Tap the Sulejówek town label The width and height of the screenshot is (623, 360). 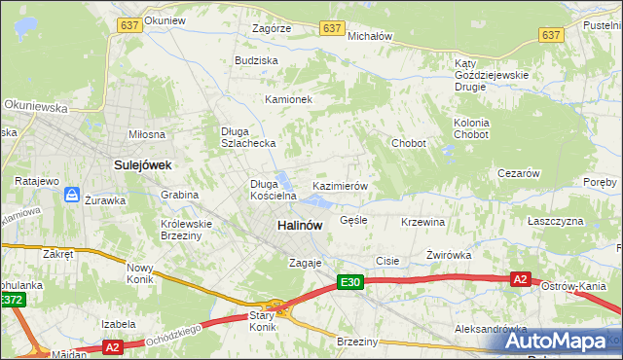(142, 165)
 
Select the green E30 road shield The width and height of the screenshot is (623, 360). (351, 282)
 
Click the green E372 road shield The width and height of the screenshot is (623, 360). (11, 301)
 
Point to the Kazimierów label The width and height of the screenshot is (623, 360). (339, 185)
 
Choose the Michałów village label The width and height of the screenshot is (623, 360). (369, 35)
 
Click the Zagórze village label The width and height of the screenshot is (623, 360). (271, 29)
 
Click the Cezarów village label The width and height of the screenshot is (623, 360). (518, 173)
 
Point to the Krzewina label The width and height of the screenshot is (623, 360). (422, 222)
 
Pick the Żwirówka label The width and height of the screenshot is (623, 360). (449, 255)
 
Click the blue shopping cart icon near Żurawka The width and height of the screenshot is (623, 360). (72, 196)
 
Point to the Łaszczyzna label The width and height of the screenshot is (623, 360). (555, 221)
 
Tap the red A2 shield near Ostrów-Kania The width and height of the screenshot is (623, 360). (521, 279)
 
